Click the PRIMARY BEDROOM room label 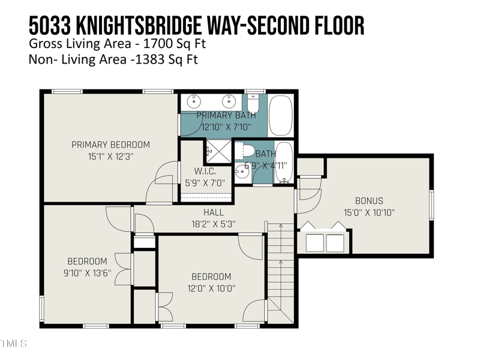(111, 145)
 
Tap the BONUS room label (369, 201)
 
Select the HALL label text (214, 212)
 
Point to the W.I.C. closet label (205, 171)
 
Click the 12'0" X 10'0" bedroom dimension (211, 288)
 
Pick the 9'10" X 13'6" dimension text (87, 273)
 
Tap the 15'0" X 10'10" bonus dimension (369, 212)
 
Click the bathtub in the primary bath (281, 115)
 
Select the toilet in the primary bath (253, 103)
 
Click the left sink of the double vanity (193, 101)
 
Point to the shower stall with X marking (218, 152)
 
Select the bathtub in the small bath (284, 162)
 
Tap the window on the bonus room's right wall (431, 205)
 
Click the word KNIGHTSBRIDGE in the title (139, 26)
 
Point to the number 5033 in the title (50, 26)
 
